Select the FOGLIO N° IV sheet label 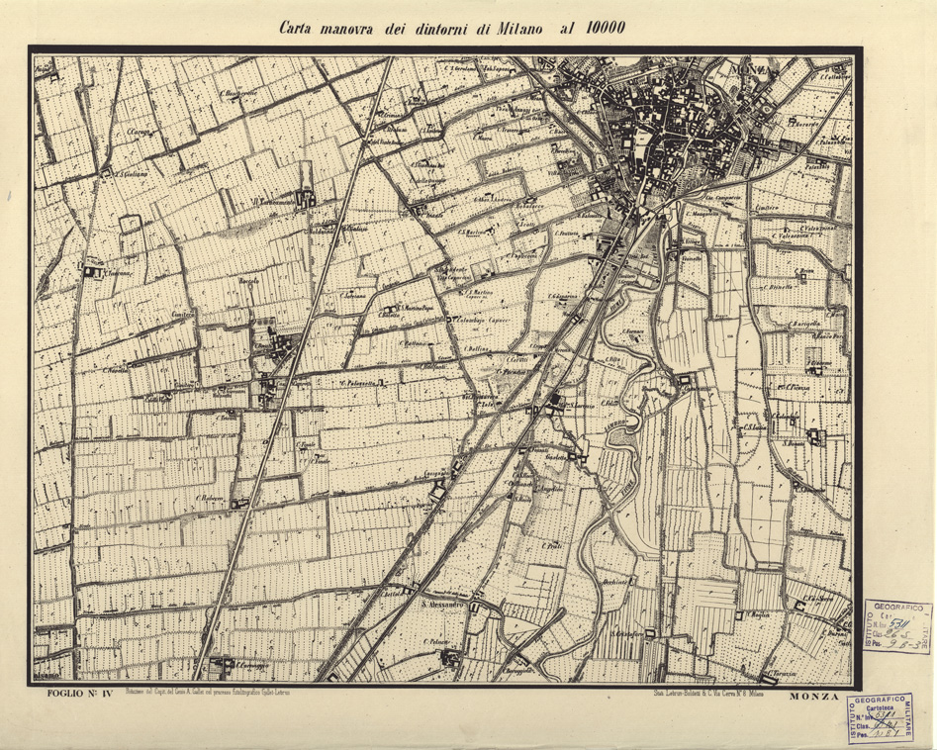(x=79, y=696)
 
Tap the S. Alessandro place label (x=441, y=605)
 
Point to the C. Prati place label (x=551, y=544)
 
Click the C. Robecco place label (x=211, y=498)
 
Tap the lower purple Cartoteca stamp (x=888, y=717)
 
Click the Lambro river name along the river (x=618, y=426)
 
